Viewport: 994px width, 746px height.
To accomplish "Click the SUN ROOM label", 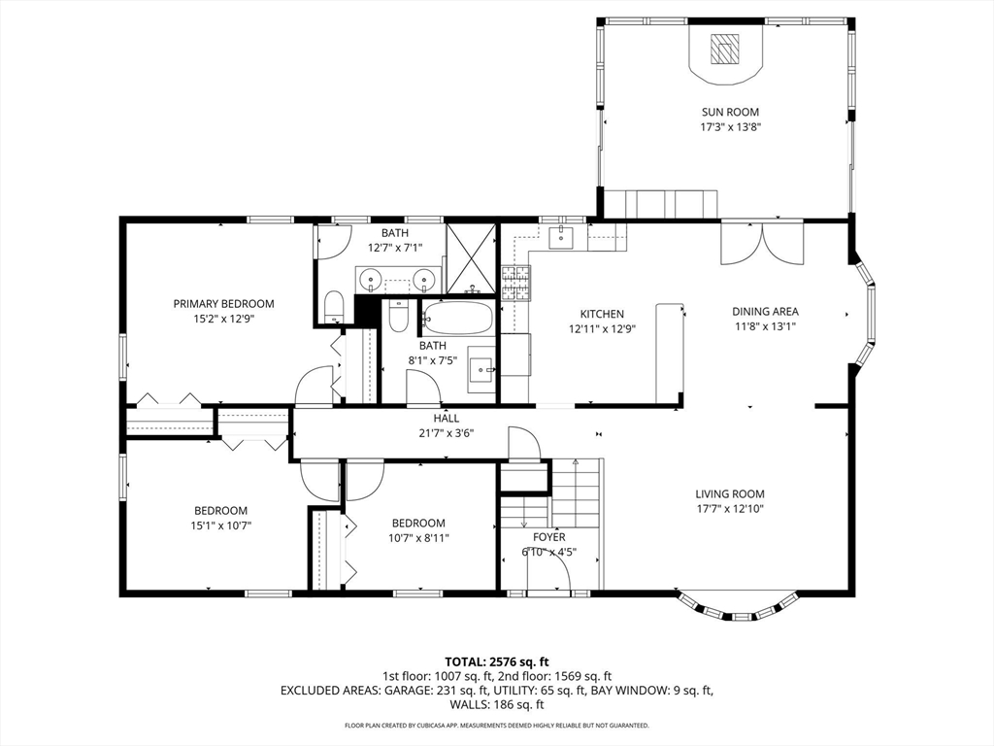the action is click(730, 113).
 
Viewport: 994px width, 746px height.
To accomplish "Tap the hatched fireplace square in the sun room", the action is click(724, 49).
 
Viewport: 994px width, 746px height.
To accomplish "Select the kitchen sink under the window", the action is click(560, 237).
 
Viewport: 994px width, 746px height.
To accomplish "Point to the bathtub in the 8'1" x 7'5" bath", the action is click(458, 318).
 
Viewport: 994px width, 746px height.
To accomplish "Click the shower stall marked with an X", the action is click(471, 257).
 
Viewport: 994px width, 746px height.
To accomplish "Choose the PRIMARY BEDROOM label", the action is click(224, 304).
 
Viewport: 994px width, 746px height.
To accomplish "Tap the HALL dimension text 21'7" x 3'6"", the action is click(447, 434).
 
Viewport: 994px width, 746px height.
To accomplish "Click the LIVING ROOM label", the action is click(730, 493).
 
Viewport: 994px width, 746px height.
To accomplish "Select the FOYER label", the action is click(549, 537).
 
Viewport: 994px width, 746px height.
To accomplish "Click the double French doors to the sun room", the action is click(762, 242).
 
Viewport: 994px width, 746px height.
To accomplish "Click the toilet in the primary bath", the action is click(333, 307).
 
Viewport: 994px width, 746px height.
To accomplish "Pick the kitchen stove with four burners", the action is click(515, 283).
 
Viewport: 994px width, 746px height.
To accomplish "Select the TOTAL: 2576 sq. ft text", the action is click(497, 662).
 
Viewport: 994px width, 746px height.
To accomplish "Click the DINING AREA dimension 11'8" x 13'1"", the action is click(765, 326).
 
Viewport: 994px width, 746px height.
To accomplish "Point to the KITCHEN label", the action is click(602, 314).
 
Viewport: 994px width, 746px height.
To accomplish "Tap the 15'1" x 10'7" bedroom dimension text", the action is click(220, 526).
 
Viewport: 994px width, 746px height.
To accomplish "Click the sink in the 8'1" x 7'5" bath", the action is click(481, 369).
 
